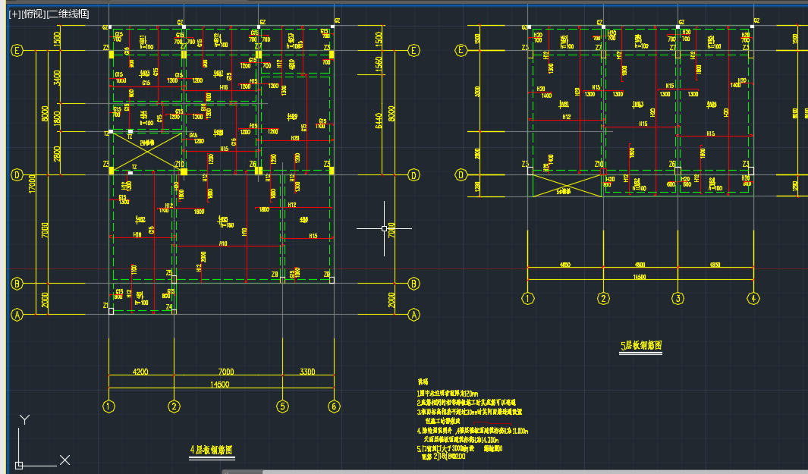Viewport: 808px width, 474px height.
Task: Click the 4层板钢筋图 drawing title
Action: [x=212, y=450]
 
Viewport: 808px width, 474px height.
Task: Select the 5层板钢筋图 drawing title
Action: [x=641, y=346]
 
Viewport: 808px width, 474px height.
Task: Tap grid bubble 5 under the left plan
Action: [x=282, y=407]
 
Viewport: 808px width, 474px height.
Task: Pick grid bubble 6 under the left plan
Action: [x=334, y=407]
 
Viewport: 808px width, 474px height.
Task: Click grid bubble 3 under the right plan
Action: [x=678, y=298]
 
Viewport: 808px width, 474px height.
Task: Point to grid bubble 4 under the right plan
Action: [x=753, y=298]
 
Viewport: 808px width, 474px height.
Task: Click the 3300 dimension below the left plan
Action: [x=308, y=372]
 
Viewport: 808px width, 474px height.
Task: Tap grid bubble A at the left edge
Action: [x=17, y=314]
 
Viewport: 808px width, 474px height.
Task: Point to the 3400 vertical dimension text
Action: [x=46, y=78]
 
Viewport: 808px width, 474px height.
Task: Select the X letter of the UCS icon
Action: [x=65, y=460]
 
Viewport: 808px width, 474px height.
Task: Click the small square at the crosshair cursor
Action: [x=385, y=228]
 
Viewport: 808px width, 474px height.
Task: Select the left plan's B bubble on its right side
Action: [x=413, y=284]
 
